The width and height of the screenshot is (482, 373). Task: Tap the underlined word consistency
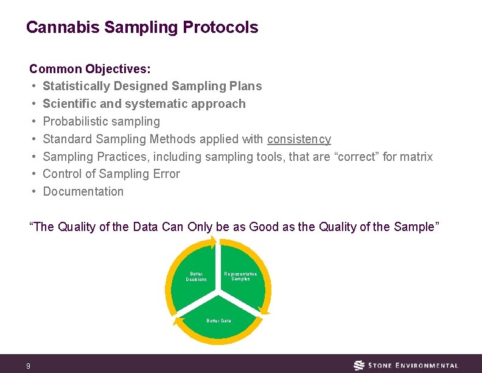click(x=299, y=139)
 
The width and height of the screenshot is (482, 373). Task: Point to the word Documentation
click(x=83, y=191)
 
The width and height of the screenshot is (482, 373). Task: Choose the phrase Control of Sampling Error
click(x=111, y=174)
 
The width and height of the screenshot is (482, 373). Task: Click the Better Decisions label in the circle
click(x=196, y=277)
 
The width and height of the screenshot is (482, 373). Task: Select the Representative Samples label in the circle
click(x=240, y=276)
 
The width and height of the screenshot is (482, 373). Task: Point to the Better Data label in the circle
click(x=218, y=320)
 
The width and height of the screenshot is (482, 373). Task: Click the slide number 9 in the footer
click(x=28, y=366)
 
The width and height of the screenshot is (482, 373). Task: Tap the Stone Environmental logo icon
click(x=360, y=366)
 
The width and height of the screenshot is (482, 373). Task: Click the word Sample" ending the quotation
click(x=416, y=227)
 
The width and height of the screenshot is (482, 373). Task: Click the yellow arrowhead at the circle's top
click(x=213, y=242)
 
